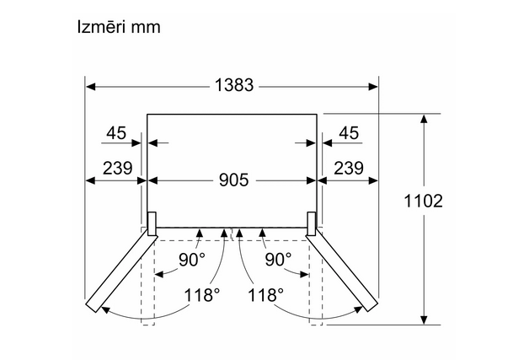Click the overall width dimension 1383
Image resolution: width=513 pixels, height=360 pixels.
point(234,85)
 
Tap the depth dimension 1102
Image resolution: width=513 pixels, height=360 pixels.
point(424,201)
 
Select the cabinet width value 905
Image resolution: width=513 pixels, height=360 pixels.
point(233,180)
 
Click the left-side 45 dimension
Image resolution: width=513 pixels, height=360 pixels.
point(116,133)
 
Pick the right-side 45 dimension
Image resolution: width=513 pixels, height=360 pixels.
point(349,133)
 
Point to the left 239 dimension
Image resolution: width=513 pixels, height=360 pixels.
point(117,168)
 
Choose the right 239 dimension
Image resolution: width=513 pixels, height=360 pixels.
point(349,168)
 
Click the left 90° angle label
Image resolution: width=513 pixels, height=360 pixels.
point(192,260)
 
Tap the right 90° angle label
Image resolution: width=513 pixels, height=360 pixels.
point(278,260)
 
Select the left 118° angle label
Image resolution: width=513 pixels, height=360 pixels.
point(202,295)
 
